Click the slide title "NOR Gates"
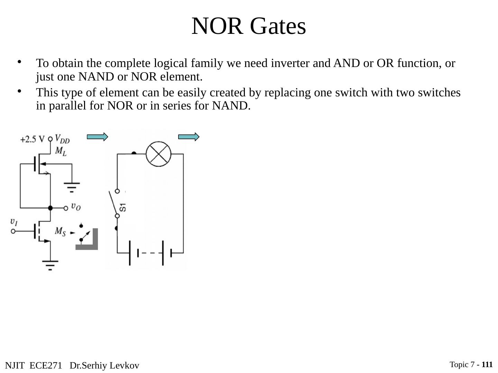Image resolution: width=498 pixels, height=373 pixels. coord(249,26)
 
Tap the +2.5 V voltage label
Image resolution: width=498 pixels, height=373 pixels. coord(32,139)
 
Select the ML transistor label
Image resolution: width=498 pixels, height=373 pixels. coord(61,151)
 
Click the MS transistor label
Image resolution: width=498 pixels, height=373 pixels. coord(60,231)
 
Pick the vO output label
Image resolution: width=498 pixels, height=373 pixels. coord(76,207)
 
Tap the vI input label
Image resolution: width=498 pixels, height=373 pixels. coord(14,222)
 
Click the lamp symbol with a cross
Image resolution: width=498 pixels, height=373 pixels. coord(158,154)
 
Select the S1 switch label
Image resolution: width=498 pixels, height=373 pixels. coord(123,208)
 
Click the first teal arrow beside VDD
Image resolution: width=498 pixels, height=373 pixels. coord(98,137)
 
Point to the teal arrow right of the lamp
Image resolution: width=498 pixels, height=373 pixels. coord(189,137)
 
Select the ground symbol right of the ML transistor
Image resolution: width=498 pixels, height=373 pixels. coord(72,187)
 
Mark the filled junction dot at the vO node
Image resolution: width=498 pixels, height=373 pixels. coord(50,208)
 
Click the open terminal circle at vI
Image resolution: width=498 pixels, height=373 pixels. coord(13,231)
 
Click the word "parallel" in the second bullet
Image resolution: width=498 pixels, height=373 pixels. coord(67,106)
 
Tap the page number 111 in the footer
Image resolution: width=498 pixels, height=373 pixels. coord(487,364)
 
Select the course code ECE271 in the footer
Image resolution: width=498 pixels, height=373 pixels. coord(46,365)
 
